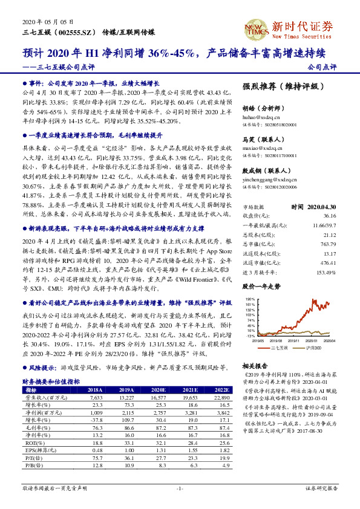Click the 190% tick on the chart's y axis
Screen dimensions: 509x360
[x=249, y=299]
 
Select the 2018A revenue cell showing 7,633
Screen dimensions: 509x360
[x=94, y=398]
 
